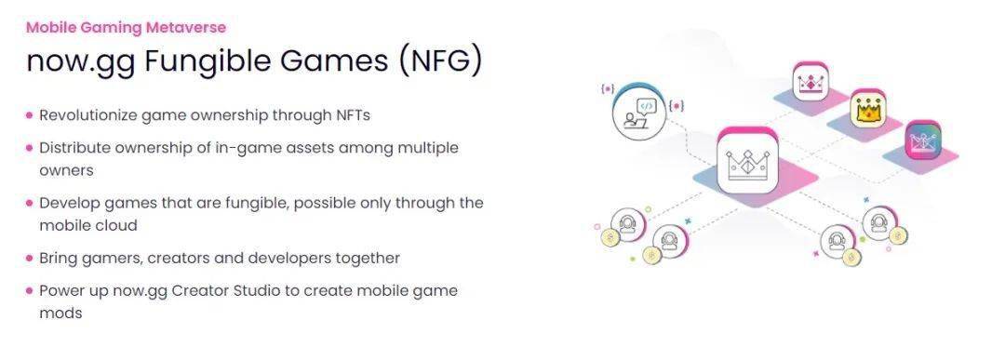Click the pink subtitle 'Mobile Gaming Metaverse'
(126, 28)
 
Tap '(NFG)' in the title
(439, 61)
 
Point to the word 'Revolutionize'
(88, 115)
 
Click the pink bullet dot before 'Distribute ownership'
(30, 148)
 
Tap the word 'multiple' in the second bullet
(428, 148)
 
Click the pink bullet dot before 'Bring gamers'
(30, 259)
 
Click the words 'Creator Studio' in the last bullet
(227, 291)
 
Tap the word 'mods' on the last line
(60, 313)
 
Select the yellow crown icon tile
(868, 110)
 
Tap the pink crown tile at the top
(811, 81)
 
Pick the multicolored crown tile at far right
(923, 140)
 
